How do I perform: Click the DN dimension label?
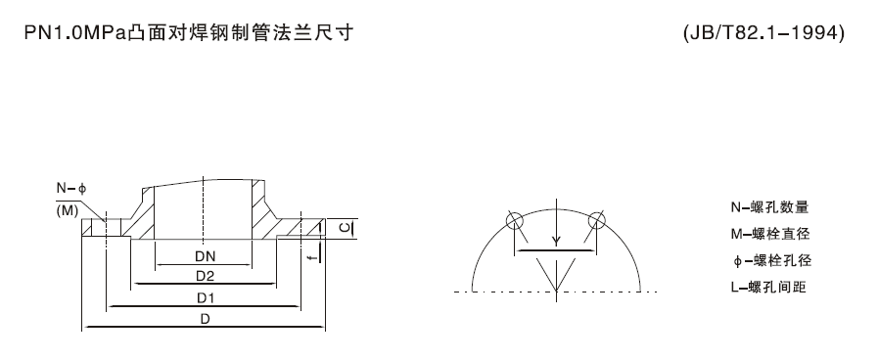pyautogui.click(x=204, y=257)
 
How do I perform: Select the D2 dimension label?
pyautogui.click(x=204, y=276)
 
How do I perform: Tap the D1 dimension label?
pyautogui.click(x=205, y=296)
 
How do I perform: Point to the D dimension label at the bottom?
pyautogui.click(x=205, y=319)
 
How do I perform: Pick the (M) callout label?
pyautogui.click(x=69, y=209)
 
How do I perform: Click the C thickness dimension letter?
pyautogui.click(x=344, y=228)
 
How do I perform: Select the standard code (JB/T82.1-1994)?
pyautogui.click(x=763, y=33)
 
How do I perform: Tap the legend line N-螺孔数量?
pyautogui.click(x=769, y=207)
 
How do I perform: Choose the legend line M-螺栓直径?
pyautogui.click(x=769, y=234)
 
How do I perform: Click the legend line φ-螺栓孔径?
pyautogui.click(x=769, y=260)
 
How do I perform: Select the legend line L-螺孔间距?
pyautogui.click(x=769, y=287)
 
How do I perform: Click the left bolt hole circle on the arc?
pyautogui.click(x=516, y=221)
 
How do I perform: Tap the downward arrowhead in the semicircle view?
pyautogui.click(x=555, y=243)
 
